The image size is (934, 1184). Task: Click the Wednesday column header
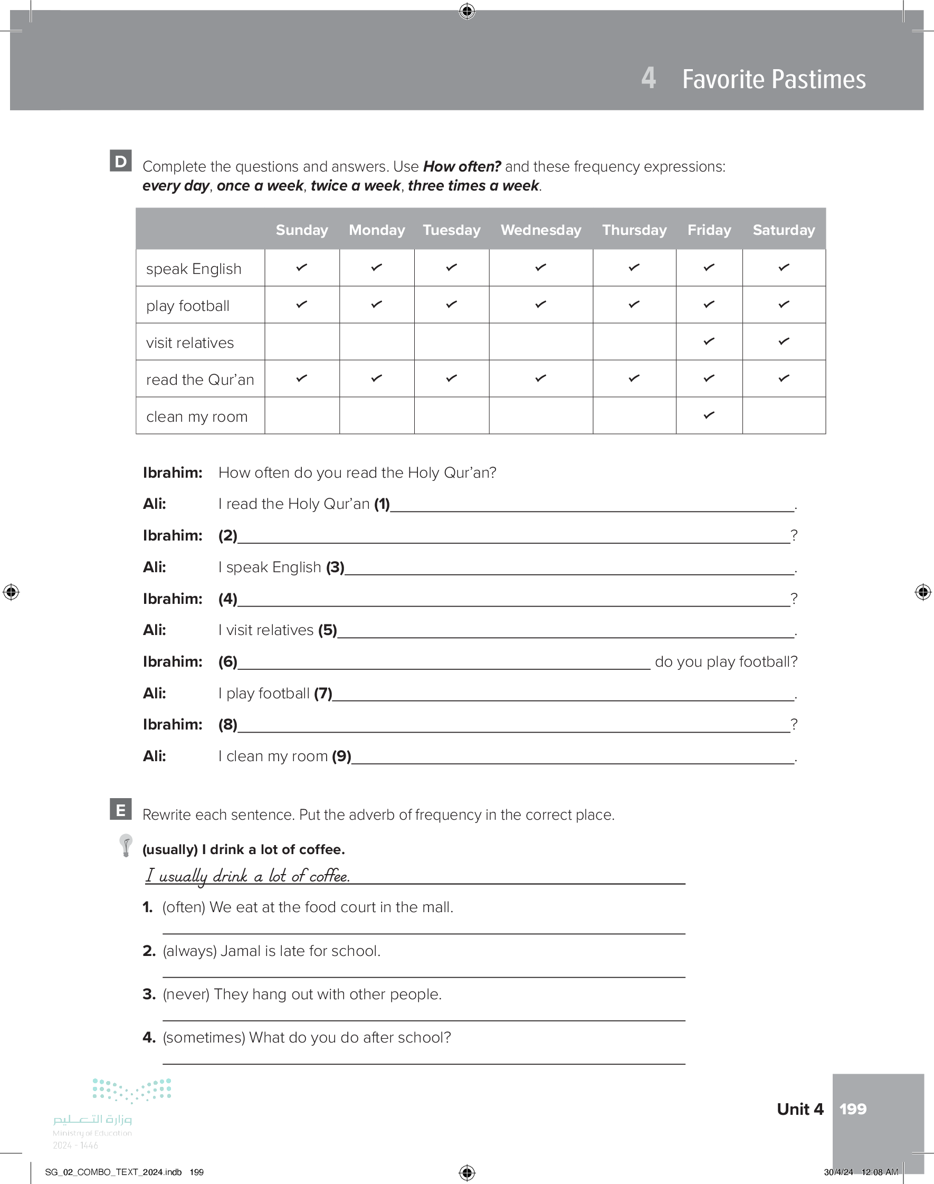point(540,230)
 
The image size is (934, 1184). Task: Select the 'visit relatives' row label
point(190,343)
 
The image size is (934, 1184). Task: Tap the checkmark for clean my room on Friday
point(709,415)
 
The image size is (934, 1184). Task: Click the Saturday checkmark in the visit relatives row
point(784,341)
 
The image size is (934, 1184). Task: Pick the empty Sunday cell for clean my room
point(302,415)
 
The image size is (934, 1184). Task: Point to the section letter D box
point(120,161)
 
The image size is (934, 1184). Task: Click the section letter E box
point(120,809)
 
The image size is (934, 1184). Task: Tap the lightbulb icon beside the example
point(126,845)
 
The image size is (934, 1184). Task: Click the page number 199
point(853,1109)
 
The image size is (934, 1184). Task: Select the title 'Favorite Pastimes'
point(773,79)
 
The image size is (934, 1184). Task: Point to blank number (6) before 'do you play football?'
point(443,662)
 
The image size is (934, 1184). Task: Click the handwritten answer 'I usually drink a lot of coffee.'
point(247,876)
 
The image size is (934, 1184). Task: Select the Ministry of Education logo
point(112,1110)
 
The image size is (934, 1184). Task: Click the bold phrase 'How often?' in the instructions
point(462,166)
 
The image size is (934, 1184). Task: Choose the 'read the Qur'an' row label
point(199,380)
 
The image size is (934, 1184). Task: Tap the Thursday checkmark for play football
point(634,304)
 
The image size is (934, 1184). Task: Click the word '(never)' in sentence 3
point(186,994)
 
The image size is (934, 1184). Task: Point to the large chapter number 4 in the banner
point(648,78)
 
